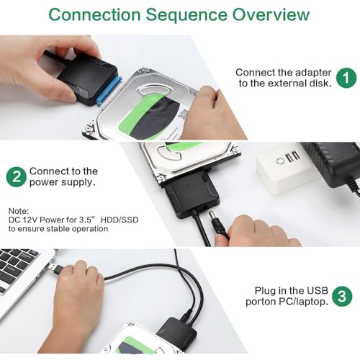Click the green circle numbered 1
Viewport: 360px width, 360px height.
click(346, 78)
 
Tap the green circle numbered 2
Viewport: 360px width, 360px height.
click(17, 177)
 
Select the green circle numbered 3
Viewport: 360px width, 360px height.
click(342, 296)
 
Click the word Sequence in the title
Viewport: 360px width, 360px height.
click(186, 15)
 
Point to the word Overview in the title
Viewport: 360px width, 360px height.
click(271, 14)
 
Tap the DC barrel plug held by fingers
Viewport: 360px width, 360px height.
click(219, 224)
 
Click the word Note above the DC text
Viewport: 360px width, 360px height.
click(19, 211)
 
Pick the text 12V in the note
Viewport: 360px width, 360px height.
click(30, 220)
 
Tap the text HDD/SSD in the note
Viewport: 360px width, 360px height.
click(120, 220)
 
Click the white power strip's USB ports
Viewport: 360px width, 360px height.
click(294, 156)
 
